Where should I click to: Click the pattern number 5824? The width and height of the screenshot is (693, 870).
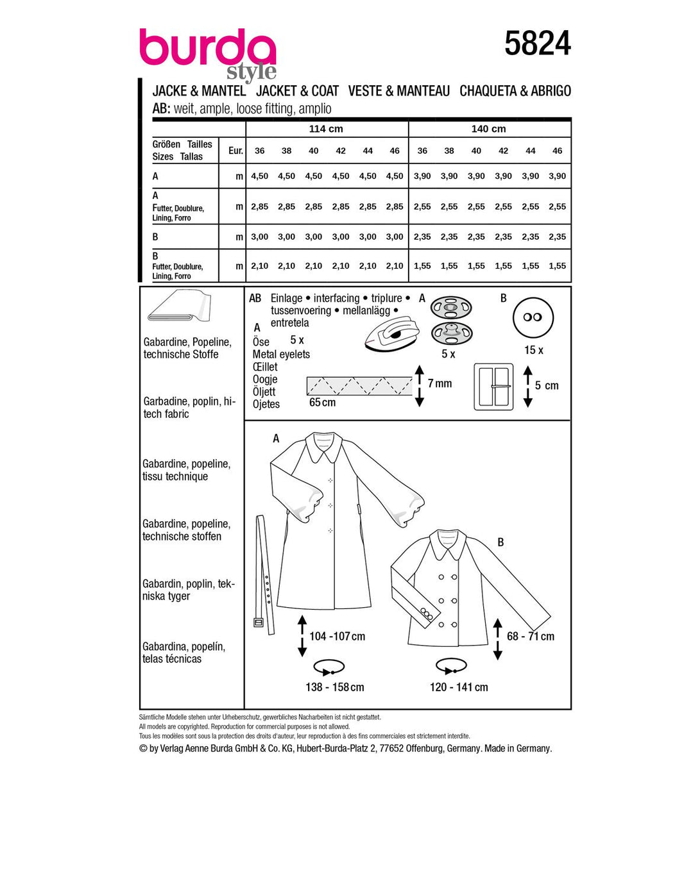tap(537, 44)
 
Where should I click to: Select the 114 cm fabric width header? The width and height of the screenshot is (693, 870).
tap(326, 129)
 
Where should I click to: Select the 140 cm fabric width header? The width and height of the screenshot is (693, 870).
tap(488, 129)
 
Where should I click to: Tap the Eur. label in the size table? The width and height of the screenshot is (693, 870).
tap(235, 151)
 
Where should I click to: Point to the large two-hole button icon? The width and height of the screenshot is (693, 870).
tap(533, 317)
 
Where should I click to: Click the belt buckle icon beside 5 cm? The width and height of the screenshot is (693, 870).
tap(493, 387)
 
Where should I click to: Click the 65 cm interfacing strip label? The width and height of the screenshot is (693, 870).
tap(322, 403)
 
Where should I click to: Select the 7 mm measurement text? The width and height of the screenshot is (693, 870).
tap(440, 383)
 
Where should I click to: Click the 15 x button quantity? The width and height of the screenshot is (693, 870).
tap(533, 350)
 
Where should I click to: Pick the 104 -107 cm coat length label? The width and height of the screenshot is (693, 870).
tap(337, 636)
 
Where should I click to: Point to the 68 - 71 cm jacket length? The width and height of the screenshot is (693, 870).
tap(530, 636)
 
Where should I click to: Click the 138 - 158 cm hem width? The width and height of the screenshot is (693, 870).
tap(334, 687)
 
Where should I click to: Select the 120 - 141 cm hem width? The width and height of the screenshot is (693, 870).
tap(459, 687)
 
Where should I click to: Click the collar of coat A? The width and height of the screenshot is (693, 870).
tap(326, 447)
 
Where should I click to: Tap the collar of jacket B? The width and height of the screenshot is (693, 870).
tap(448, 544)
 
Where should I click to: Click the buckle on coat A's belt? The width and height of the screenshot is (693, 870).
tap(259, 622)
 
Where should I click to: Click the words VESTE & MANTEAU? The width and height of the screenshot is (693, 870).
tap(399, 91)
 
